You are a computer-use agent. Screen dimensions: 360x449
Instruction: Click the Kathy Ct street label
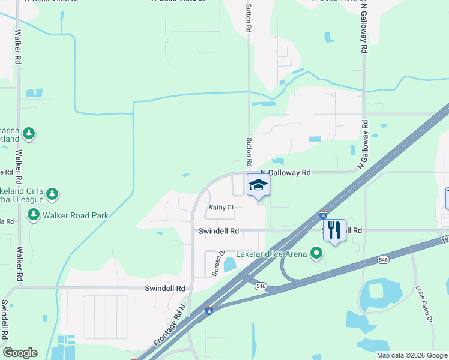tap(220, 208)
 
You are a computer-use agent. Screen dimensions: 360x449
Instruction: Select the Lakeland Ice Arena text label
tap(271, 254)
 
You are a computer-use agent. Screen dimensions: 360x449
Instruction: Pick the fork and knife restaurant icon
tap(334, 229)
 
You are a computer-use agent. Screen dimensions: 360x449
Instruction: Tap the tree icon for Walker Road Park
tap(33, 214)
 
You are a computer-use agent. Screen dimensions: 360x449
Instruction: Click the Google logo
tap(20, 353)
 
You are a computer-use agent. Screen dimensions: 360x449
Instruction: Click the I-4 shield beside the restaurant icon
tap(323, 215)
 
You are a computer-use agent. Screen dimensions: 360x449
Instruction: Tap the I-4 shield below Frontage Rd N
tap(208, 310)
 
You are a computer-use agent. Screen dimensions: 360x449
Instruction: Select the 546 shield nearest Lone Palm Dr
tap(382, 260)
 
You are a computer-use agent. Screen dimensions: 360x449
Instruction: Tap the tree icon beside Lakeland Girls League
tap(53, 194)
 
